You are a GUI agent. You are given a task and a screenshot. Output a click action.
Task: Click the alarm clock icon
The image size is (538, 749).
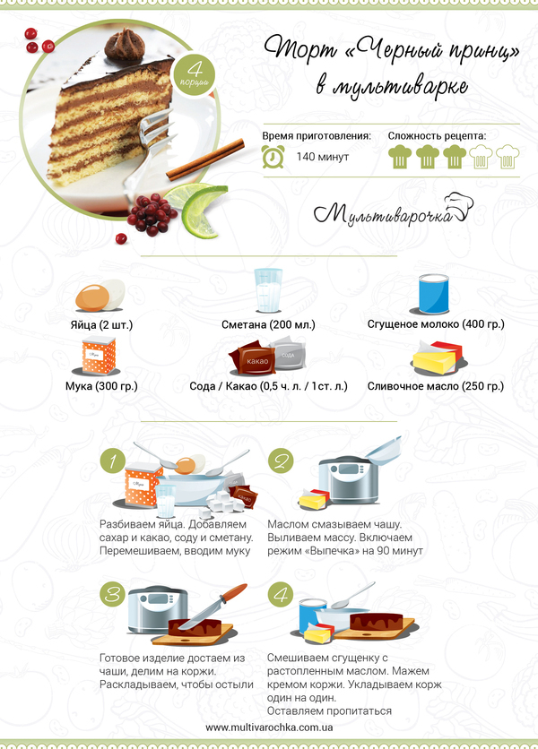(x=273, y=157)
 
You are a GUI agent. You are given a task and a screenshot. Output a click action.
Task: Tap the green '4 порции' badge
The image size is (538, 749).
(x=195, y=75)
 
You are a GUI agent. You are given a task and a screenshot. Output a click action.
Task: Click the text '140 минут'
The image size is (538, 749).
(x=322, y=157)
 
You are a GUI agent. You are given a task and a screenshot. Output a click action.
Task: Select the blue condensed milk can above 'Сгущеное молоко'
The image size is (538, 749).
(x=434, y=294)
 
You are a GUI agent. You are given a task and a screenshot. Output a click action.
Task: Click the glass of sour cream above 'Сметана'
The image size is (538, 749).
(x=268, y=290)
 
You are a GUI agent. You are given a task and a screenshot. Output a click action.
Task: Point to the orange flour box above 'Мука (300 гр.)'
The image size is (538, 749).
(x=99, y=356)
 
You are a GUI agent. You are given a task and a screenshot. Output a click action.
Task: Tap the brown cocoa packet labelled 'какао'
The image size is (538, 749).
(x=252, y=358)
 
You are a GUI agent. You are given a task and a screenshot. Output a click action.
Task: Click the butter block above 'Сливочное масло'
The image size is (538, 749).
(x=438, y=357)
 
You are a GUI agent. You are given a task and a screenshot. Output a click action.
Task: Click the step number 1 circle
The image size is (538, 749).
(x=113, y=461)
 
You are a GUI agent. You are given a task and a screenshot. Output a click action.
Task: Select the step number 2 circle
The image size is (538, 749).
(x=281, y=461)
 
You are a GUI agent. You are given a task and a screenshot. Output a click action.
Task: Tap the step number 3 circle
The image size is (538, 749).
(x=113, y=595)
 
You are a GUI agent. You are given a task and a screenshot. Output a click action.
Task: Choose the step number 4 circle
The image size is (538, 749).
(x=281, y=595)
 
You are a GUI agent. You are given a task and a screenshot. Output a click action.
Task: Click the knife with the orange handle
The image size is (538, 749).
(x=212, y=606)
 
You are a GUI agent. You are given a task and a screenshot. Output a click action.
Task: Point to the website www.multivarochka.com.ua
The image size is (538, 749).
(x=269, y=727)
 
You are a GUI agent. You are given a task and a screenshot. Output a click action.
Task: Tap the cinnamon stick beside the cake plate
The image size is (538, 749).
(x=205, y=159)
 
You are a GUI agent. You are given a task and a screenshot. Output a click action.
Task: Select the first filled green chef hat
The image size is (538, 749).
(x=400, y=157)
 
